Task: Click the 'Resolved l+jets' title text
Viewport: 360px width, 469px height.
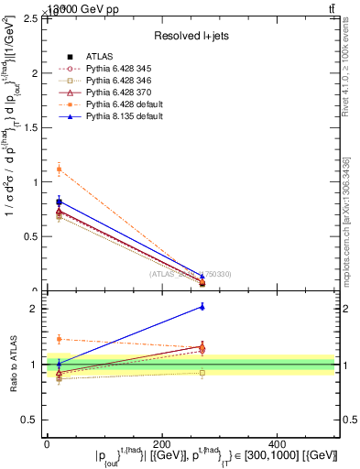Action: pyautogui.click(x=191, y=36)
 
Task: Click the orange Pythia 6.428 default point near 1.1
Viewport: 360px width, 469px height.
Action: pyautogui.click(x=59, y=169)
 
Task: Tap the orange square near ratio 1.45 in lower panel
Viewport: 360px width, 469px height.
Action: pyautogui.click(x=59, y=339)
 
